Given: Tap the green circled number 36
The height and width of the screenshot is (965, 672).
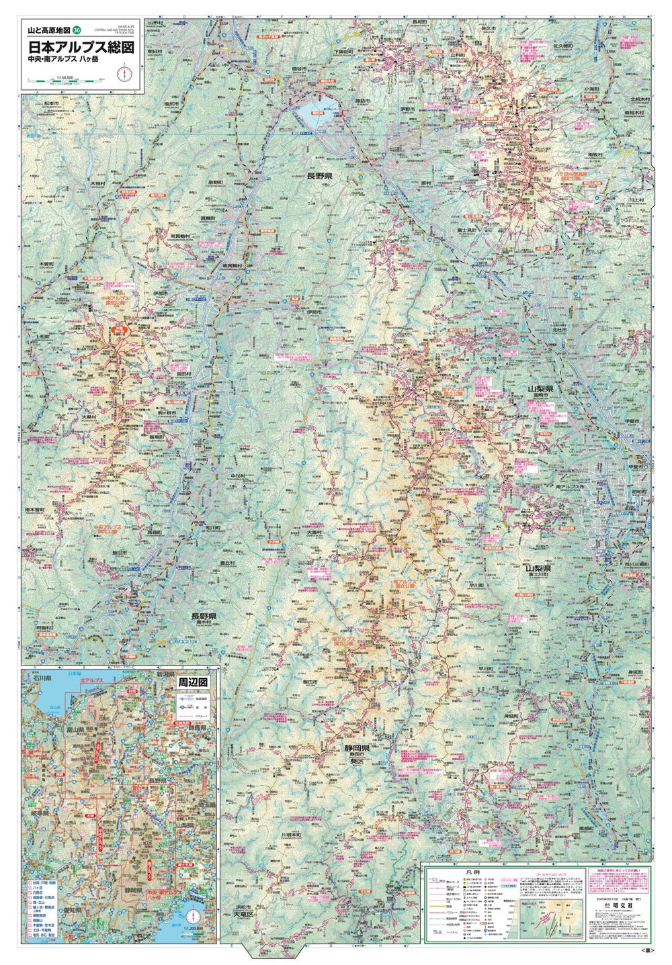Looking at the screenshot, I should pyautogui.click(x=77, y=30).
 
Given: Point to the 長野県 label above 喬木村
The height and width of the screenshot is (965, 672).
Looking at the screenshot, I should pyautogui.click(x=203, y=616).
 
